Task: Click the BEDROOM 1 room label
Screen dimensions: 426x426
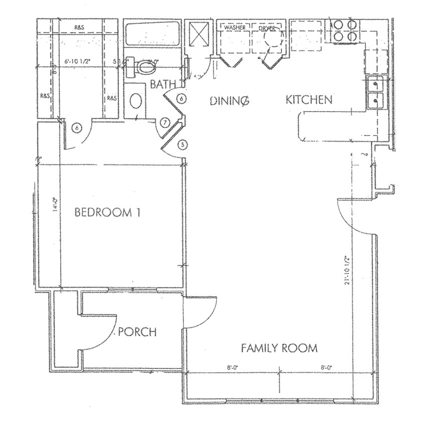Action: (x=107, y=212)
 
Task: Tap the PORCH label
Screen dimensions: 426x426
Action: (x=137, y=332)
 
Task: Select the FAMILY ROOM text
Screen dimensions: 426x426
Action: (x=279, y=348)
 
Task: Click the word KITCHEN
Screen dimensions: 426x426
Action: (x=309, y=99)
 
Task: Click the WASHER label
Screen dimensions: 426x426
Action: (x=235, y=28)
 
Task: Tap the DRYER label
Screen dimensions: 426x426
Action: (x=267, y=29)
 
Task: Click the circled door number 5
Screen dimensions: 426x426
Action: (x=183, y=145)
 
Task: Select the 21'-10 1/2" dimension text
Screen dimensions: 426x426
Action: (x=346, y=271)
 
